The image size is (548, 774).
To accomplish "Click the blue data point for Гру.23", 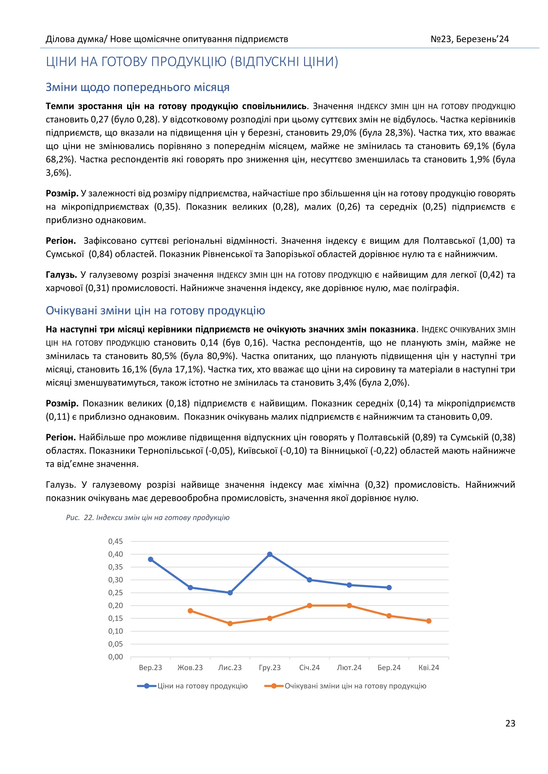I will coord(270,554).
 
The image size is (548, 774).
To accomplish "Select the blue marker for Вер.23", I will coord(150,559).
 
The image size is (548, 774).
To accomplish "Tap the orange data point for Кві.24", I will coord(429,621).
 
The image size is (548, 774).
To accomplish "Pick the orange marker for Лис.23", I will coord(230,624).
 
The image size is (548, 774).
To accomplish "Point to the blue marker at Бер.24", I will coord(389,587).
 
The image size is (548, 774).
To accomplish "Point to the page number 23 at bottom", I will coord(510,723).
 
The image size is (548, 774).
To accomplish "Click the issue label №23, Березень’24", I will coord(469,39).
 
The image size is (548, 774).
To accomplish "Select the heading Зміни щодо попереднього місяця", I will coord(137,87).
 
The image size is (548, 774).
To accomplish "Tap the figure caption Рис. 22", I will coord(147,517).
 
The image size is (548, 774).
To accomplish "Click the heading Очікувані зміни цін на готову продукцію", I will coord(155,311).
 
